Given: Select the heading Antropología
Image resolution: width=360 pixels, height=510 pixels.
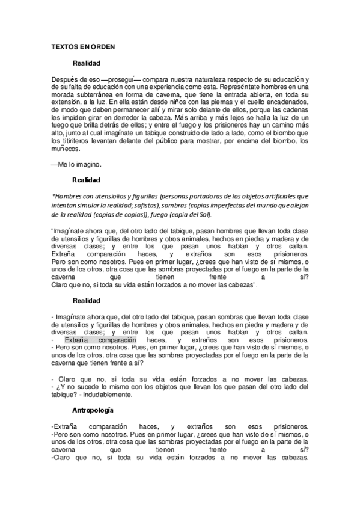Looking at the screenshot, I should [x=93, y=410].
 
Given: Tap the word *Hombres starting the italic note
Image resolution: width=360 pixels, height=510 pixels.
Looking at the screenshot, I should [x=69, y=196].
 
